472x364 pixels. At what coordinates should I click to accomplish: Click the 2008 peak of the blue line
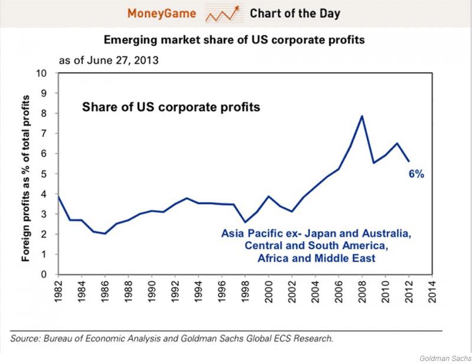pyautogui.click(x=362, y=116)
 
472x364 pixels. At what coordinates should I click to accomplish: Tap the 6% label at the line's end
pyautogui.click(x=416, y=174)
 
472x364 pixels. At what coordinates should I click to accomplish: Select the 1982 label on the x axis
pyautogui.click(x=58, y=289)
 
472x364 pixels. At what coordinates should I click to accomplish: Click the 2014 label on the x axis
pyautogui.click(x=432, y=289)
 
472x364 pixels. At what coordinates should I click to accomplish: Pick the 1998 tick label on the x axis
pyautogui.click(x=245, y=289)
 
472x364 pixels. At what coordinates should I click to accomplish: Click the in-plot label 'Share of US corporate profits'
pyautogui.click(x=171, y=108)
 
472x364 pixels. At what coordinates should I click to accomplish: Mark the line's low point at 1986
pyautogui.click(x=105, y=233)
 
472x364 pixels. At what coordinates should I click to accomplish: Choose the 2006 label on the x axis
pyautogui.click(x=338, y=289)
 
